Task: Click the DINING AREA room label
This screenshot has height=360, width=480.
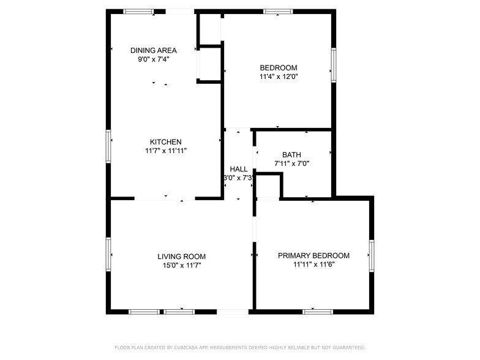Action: [x=154, y=50]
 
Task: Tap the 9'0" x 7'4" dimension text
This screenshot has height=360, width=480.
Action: [x=154, y=59]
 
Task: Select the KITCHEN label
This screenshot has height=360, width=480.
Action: [x=166, y=141]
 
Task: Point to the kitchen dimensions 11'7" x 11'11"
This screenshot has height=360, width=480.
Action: [x=166, y=151]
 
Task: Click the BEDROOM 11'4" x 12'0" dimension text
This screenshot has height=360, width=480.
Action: [x=279, y=77]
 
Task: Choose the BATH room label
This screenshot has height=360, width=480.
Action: [x=292, y=155]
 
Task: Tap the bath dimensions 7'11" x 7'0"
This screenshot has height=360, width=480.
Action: [x=292, y=163]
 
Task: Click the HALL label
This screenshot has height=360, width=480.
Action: [x=239, y=169]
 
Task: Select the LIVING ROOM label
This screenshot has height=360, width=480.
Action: [x=181, y=257]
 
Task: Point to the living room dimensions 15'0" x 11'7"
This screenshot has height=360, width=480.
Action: [x=181, y=266]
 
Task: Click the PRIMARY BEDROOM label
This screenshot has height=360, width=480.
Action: [x=313, y=255]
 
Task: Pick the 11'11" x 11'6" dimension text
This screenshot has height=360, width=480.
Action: [x=313, y=264]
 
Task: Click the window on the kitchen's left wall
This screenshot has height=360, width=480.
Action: [x=108, y=147]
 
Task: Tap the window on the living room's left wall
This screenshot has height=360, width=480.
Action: [x=108, y=255]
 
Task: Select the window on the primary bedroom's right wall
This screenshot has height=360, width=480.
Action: [x=371, y=255]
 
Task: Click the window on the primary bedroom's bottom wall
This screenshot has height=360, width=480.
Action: [x=318, y=312]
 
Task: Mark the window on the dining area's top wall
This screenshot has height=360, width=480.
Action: [x=138, y=11]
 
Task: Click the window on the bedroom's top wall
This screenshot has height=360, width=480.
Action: [x=278, y=11]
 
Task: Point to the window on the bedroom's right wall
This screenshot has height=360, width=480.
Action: [x=334, y=65]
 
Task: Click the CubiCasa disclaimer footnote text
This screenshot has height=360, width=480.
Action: [x=239, y=347]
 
